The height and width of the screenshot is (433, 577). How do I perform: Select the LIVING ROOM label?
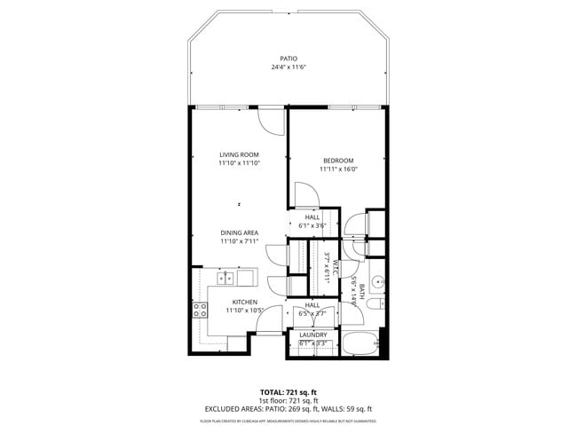click(x=239, y=154)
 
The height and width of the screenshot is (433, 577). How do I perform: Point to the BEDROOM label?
click(x=337, y=161)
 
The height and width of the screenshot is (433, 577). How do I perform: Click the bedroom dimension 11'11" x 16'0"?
click(x=337, y=169)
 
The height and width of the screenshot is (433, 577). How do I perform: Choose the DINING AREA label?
click(x=239, y=232)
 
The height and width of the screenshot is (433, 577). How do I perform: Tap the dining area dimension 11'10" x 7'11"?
click(x=239, y=241)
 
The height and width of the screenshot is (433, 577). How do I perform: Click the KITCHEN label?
click(x=245, y=302)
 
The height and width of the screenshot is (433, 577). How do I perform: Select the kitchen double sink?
click(x=234, y=279)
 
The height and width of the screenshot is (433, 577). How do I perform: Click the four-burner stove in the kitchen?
click(x=200, y=310)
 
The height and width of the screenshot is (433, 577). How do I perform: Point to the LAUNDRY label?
click(x=312, y=335)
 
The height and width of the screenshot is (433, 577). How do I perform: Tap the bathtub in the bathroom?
click(x=360, y=343)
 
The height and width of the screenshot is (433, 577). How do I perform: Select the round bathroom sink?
click(x=377, y=283)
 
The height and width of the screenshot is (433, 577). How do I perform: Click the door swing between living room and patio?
click(x=270, y=120)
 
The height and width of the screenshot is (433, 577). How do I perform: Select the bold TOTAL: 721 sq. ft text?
click(x=288, y=391)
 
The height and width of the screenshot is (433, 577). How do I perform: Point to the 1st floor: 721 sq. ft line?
click(x=288, y=400)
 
